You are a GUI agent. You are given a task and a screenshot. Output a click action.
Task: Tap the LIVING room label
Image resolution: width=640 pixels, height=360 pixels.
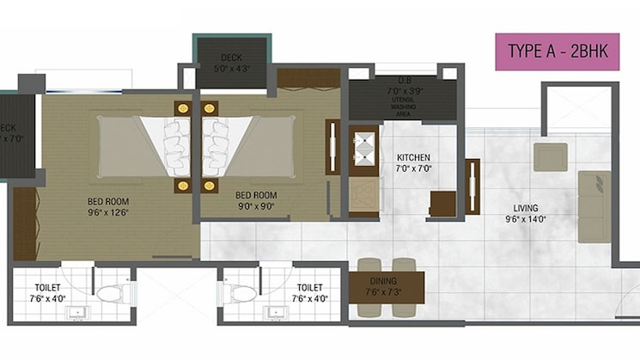coord(526,213)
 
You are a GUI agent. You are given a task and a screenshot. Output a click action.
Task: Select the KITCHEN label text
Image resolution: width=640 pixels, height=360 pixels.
coord(413,163)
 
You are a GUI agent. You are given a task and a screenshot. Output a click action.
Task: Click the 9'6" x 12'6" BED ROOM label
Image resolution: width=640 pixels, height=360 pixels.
coord(108,207)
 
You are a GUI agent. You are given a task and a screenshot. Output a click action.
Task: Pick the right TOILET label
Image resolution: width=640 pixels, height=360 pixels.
coord(309,293)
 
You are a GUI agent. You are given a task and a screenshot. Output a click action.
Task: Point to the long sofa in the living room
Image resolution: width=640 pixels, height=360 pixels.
coord(594,206)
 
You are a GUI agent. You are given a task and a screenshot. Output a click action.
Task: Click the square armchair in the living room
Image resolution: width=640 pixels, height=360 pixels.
coord(550,157)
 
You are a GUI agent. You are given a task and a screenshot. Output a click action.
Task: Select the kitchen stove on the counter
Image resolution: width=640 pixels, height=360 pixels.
coord(365,146)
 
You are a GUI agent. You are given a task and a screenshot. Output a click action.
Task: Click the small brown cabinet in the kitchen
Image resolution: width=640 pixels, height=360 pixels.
coord(442,204)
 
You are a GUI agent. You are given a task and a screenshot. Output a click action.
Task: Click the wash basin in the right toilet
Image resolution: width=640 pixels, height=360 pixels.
coord(273,314)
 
